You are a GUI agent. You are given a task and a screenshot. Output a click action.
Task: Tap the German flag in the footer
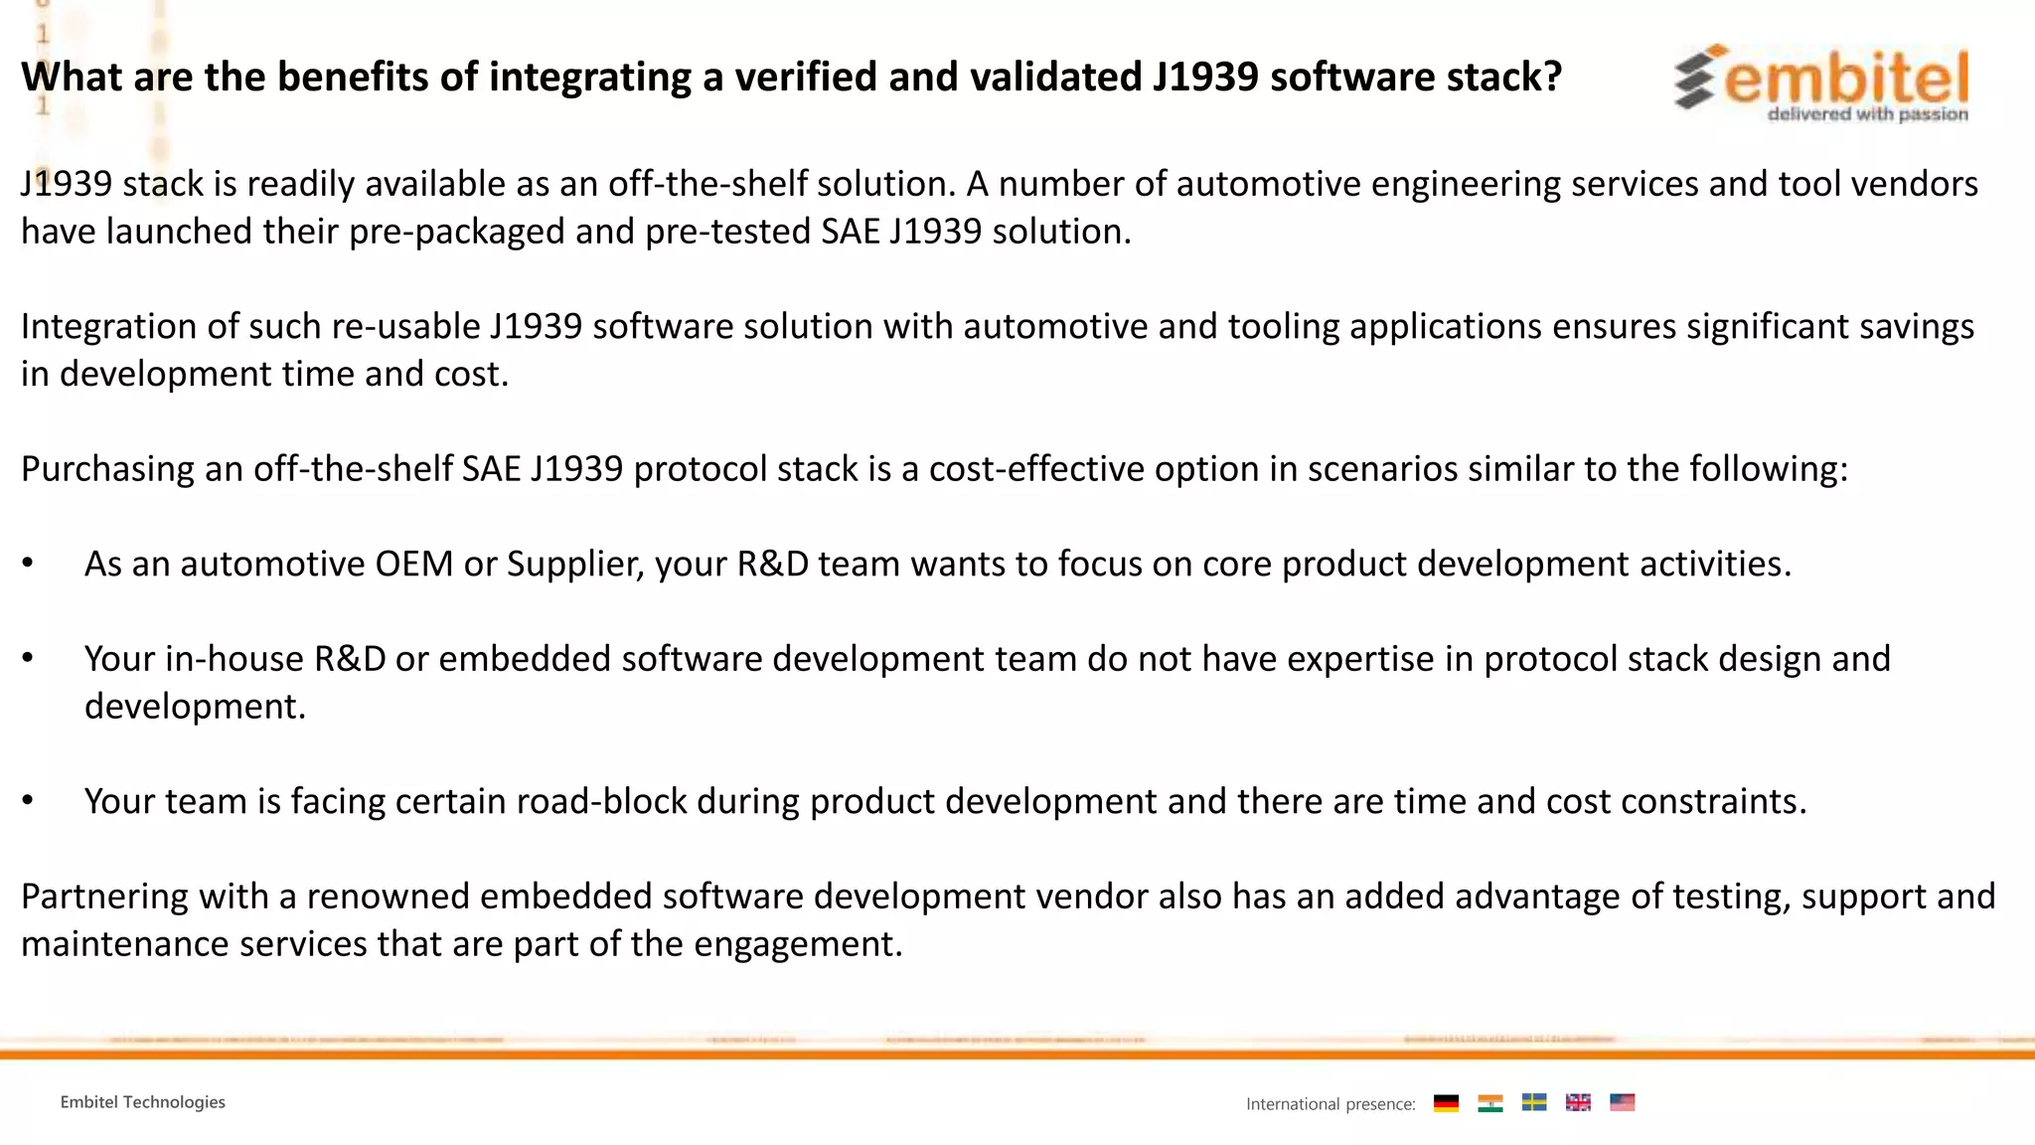tap(1446, 1102)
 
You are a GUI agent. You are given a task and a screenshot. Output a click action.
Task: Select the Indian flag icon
tap(1489, 1102)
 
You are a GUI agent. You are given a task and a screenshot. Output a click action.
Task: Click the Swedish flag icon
tap(1534, 1102)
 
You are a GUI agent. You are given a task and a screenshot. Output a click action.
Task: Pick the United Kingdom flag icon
tap(1578, 1102)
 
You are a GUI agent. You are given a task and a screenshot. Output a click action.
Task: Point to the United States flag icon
tap(1622, 1102)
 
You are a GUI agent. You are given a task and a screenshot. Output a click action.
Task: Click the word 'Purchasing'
tap(107, 469)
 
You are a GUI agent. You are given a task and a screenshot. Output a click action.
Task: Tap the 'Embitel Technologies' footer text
tap(142, 1102)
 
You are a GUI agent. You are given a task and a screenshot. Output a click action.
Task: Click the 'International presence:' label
tap(1331, 1104)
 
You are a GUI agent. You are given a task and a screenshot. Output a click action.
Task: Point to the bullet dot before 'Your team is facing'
tap(28, 801)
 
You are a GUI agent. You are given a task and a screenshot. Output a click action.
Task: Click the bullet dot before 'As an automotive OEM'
tap(28, 564)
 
